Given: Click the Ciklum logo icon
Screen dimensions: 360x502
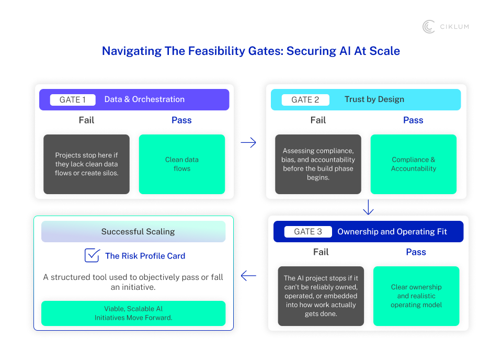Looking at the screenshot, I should [x=429, y=27].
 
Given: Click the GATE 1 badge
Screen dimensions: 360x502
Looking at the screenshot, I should [x=73, y=99].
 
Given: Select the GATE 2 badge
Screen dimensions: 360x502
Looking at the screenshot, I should [x=305, y=99].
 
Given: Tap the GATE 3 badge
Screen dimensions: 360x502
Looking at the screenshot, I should [x=308, y=232].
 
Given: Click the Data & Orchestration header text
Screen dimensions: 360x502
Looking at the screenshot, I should [x=144, y=99].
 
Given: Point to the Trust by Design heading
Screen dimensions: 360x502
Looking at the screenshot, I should [x=374, y=99].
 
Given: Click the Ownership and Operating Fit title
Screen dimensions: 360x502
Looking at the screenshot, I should [x=392, y=232].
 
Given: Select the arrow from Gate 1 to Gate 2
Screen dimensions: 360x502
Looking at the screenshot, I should [x=248, y=142].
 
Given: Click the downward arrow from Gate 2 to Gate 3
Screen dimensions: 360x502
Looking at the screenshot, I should [x=368, y=208].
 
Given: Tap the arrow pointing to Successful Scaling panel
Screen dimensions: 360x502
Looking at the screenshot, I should [x=248, y=276].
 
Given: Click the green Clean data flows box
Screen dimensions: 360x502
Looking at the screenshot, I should [x=181, y=164].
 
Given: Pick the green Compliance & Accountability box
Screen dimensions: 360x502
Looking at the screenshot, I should [x=413, y=164].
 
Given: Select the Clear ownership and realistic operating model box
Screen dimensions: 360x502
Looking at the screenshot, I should [x=416, y=296].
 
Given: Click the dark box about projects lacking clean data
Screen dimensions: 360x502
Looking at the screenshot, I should [x=86, y=164].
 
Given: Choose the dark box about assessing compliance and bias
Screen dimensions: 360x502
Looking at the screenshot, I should [x=318, y=164].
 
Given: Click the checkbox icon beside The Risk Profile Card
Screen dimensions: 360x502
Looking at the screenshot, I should [x=92, y=255].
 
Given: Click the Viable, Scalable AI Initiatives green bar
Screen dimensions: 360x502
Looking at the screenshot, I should [x=133, y=313].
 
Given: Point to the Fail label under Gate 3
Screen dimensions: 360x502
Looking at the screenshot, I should [x=321, y=252].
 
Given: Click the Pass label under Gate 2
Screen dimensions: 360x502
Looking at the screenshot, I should [x=413, y=120].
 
